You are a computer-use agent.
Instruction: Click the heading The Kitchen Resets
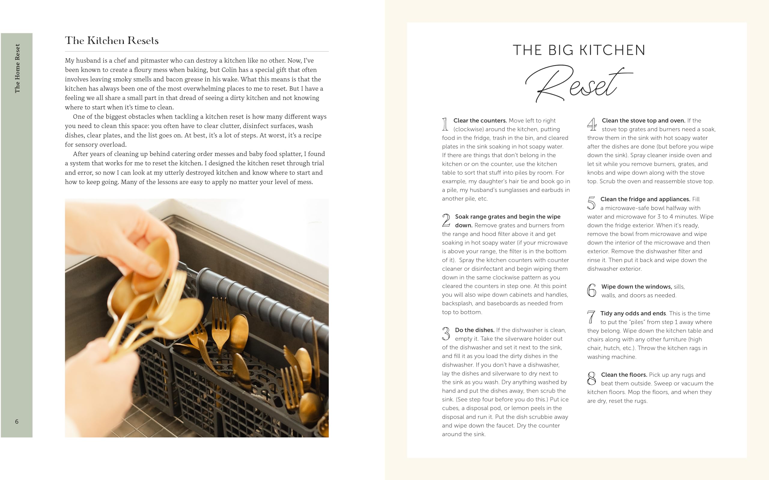coord(112,41)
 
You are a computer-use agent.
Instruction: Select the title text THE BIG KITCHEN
coord(579,50)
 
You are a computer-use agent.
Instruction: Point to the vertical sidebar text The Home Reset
coord(17,68)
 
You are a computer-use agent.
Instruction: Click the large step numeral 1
coord(445,124)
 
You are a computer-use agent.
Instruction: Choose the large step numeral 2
coord(446,220)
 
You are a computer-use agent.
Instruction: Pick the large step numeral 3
coord(446,334)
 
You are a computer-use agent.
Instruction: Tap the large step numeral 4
coord(591,124)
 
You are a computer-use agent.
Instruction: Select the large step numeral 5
coord(591,203)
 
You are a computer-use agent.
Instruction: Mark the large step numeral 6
coord(591,290)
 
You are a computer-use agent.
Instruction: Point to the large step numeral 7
coord(591,317)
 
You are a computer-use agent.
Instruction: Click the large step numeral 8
coord(591,378)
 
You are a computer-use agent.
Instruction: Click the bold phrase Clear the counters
coord(479,121)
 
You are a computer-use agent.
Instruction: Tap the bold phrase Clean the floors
coord(624,375)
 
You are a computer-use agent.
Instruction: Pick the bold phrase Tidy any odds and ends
coord(633,313)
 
